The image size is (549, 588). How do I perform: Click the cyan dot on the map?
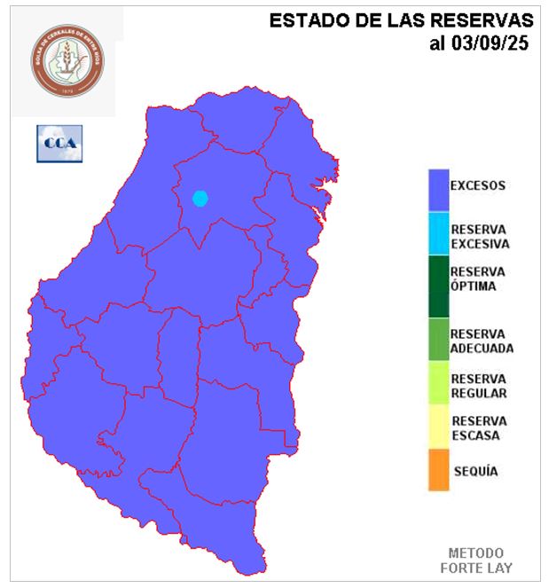pos(200,198)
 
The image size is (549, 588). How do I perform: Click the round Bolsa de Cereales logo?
pos(68,59)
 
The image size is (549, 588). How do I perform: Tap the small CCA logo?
pos(59,144)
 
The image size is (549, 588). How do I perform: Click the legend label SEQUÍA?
pos(476,471)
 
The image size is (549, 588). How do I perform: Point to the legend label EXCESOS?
pos(477,186)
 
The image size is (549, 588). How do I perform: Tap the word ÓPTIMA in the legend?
pos(473,286)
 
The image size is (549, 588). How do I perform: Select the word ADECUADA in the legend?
pos(482,349)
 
